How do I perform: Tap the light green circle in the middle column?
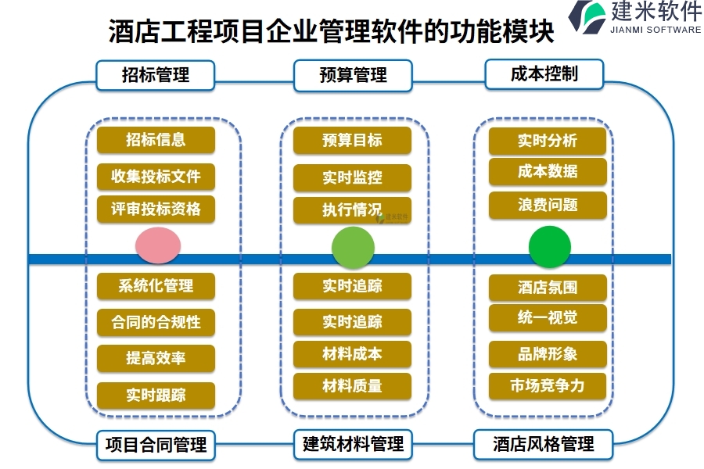353,248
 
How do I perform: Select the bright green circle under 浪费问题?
550,247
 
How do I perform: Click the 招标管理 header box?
156,75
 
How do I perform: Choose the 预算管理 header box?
353,75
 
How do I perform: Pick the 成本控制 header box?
544,73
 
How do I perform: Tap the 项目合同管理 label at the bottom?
156,445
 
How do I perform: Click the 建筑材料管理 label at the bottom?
353,444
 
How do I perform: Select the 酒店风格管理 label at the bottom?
544,444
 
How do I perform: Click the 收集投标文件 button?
156,177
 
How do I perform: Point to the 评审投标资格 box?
156,209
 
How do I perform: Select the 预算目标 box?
352,141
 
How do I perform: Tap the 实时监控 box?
352,177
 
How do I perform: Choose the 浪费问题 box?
548,205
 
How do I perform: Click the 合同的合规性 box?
156,322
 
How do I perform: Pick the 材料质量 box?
352,386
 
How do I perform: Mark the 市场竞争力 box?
548,386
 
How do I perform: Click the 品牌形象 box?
548,354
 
